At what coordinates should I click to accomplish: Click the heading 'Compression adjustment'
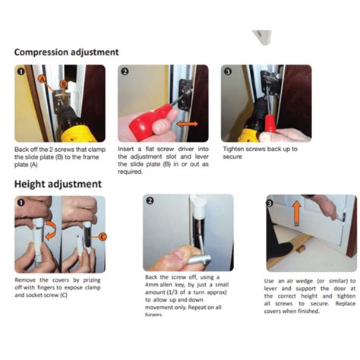pos(66,52)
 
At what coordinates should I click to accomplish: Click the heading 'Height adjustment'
pos(57,184)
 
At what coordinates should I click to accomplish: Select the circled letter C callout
pos(104,236)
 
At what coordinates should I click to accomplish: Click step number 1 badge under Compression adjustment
pos(21,72)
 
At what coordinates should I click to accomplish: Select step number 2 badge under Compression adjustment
pos(125,72)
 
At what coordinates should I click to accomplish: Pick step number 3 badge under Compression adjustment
pos(228,72)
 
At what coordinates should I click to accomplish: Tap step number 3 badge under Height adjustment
pos(270,203)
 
